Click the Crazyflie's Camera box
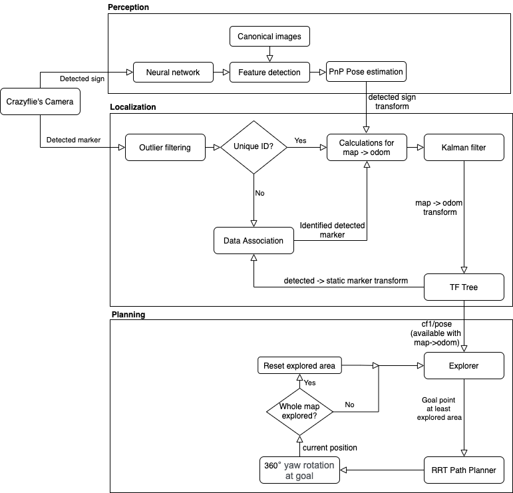[40, 101]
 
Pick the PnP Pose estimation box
[365, 72]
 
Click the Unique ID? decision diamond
[254, 148]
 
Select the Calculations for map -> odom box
[365, 148]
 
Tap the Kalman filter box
[464, 148]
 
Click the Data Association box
[254, 241]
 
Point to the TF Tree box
[464, 287]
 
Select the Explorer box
[464, 365]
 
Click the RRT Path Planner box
[464, 470]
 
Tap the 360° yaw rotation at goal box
[299, 470]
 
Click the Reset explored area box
[299, 365]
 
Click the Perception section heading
[128, 7]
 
